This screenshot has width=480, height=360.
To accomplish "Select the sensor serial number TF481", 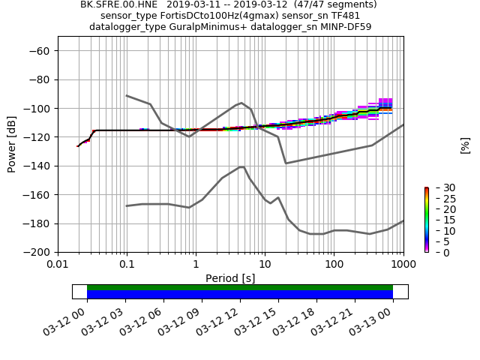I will coord(345,16).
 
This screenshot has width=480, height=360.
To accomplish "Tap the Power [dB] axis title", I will coord(12,143).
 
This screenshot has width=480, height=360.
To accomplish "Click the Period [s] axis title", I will coord(230,278).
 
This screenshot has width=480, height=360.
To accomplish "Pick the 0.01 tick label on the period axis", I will coord(58,264).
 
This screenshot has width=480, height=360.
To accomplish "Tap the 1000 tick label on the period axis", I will coord(403,264).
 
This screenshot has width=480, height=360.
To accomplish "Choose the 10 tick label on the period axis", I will coord(265,264).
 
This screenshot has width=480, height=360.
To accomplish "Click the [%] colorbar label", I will coord(465,145).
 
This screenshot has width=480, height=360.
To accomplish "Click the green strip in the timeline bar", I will coord(240,287).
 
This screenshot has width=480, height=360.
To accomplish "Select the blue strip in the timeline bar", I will coord(240,295).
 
